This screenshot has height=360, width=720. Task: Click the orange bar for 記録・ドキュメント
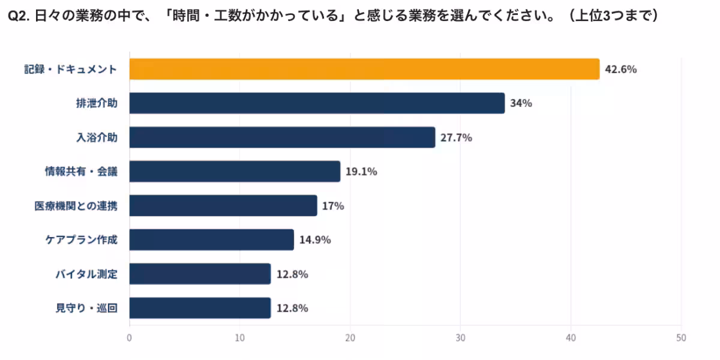[364, 69]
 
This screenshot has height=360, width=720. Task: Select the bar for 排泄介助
[317, 103]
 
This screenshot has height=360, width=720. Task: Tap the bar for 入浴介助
[282, 137]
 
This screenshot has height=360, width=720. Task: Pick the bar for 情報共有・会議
[235, 172]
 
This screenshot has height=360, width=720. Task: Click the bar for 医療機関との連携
[223, 206]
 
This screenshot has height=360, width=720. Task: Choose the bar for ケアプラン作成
[211, 240]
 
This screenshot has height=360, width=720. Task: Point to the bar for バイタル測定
[200, 274]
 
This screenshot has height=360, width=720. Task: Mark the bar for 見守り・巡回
[200, 308]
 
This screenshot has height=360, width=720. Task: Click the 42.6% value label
[620, 69]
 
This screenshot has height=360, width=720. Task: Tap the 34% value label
[521, 103]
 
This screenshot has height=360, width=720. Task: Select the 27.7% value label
[456, 137]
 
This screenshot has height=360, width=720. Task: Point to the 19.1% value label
[361, 172]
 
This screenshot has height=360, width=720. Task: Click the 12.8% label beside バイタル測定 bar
[292, 274]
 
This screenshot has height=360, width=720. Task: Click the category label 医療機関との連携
[76, 206]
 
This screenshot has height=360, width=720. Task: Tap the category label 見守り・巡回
[86, 308]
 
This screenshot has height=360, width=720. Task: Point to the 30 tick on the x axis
[460, 338]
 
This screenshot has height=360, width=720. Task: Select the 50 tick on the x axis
[681, 338]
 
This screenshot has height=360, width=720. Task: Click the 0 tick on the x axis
[130, 338]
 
